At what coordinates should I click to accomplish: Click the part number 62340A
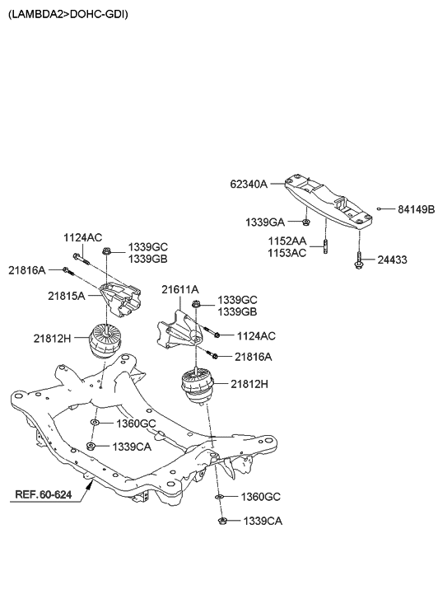[x=248, y=185]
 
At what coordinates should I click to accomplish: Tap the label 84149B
[x=416, y=210]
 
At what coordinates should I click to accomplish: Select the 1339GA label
[x=264, y=222]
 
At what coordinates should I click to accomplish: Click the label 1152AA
[x=287, y=241]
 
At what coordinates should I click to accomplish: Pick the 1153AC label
[x=287, y=253]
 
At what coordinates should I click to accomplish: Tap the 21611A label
[x=179, y=289]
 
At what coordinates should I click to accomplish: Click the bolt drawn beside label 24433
[x=360, y=262]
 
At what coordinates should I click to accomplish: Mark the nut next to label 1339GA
[x=305, y=222]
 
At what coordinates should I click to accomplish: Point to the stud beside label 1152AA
[x=327, y=247]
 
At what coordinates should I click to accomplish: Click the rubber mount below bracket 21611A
[x=198, y=386]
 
